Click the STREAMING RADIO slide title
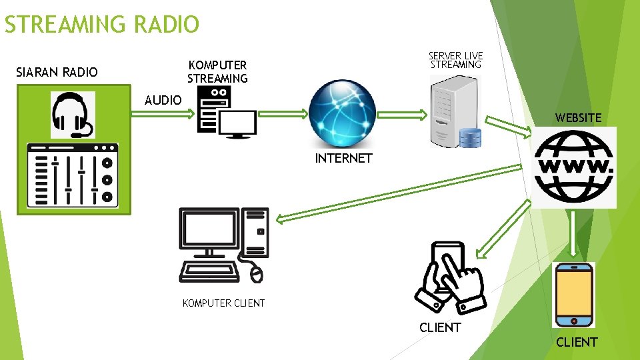[x=101, y=25]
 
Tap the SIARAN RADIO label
[x=57, y=72]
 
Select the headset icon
[x=73, y=115]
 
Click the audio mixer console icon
[x=73, y=175]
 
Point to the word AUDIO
[x=163, y=100]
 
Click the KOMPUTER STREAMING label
[x=217, y=71]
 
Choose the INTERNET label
[x=343, y=158]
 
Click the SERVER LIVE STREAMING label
[x=456, y=60]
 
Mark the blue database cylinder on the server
[x=470, y=137]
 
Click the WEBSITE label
[x=578, y=118]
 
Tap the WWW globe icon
[x=575, y=167]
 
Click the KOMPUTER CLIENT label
[x=223, y=303]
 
